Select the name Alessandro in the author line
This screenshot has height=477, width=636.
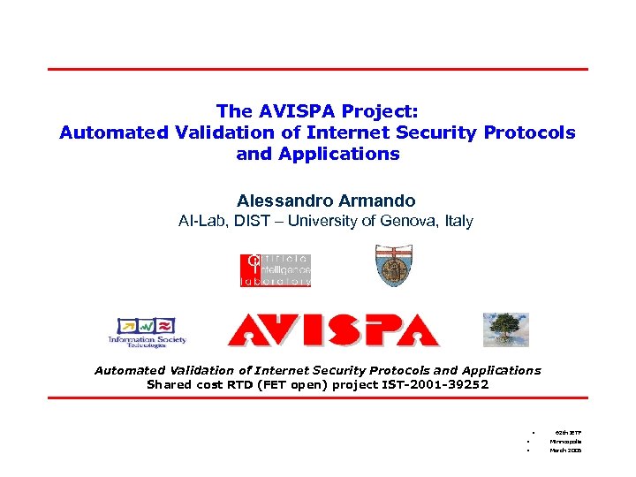(282, 201)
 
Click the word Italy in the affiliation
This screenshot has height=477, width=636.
(456, 222)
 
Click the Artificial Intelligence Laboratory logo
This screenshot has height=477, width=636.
(276, 270)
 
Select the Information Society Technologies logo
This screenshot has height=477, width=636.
(147, 329)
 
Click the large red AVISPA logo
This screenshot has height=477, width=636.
(333, 329)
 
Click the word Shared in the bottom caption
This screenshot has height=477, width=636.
(168, 384)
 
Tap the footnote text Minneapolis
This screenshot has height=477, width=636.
(565, 441)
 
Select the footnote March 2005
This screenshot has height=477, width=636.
(565, 450)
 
